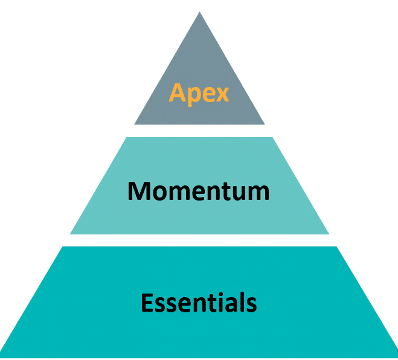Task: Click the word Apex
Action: [199, 93]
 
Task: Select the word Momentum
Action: [198, 191]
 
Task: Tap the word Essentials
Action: [199, 301]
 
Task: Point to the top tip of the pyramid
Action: [199, 13]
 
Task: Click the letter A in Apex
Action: [177, 93]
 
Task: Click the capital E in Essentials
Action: [147, 301]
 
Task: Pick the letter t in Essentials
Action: [206, 302]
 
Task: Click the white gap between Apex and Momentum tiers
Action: [199, 130]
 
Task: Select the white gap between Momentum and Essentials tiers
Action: [199, 240]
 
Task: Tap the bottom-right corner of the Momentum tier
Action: [329, 233]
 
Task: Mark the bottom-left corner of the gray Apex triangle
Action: [135, 124]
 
